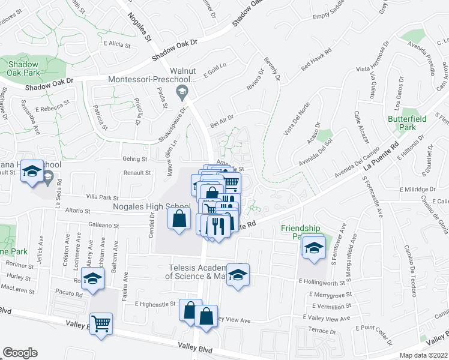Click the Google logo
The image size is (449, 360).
coord(20,353)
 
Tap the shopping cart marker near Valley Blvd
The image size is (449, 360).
coord(101,324)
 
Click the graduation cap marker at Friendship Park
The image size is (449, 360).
coord(313,248)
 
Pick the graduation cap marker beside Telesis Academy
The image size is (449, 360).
coord(238,274)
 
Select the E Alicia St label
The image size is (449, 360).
coord(117,44)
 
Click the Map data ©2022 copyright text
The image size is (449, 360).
coord(423,355)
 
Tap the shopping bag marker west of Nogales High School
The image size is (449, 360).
coord(179,218)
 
